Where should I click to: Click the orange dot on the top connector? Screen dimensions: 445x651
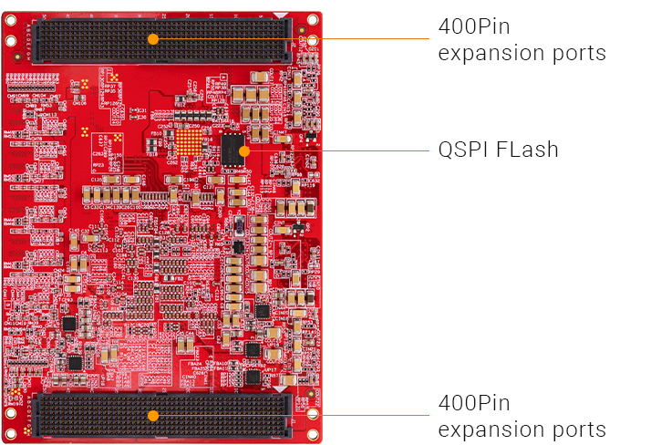pos(153,38)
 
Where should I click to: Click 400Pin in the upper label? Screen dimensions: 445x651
pos(474,27)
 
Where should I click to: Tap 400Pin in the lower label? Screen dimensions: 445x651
pos(474,403)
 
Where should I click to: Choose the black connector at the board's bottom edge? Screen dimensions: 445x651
pos(91,415)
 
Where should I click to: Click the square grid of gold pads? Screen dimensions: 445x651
pos(190,141)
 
